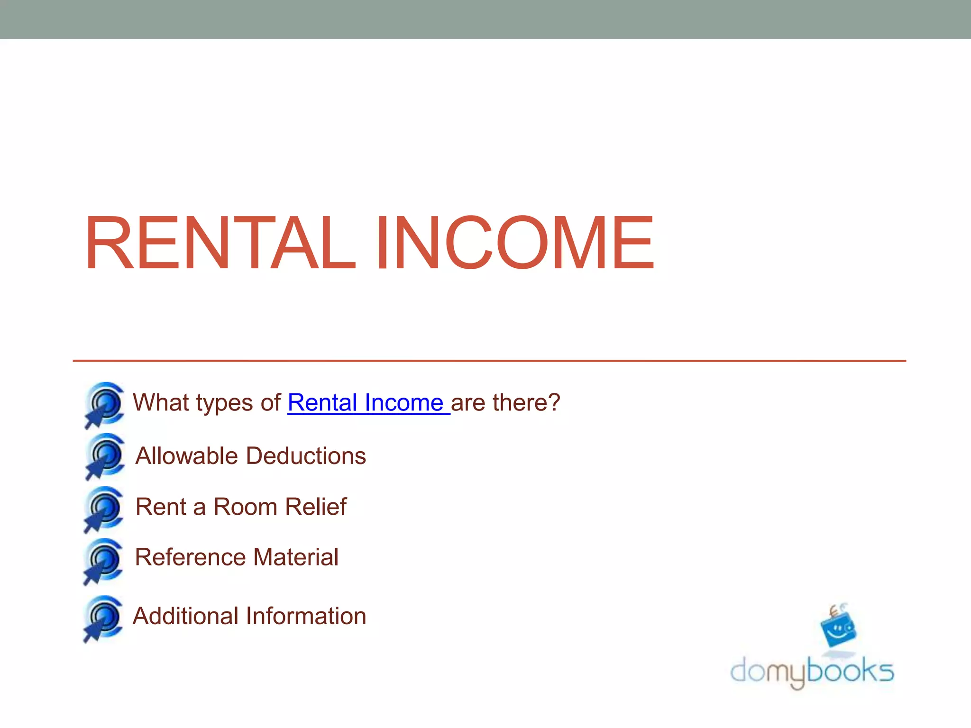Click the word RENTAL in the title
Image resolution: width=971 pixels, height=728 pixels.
[x=219, y=243]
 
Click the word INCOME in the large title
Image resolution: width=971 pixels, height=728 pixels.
[x=515, y=243]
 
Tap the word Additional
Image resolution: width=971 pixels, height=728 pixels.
[x=185, y=616]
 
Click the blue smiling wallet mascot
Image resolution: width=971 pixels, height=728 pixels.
[x=838, y=628]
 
